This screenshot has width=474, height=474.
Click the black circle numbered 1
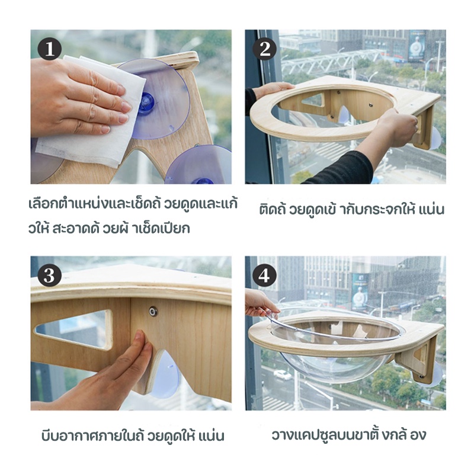click(x=50, y=49)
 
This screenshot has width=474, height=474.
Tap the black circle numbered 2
click(x=264, y=49)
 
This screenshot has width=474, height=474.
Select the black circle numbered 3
click(x=50, y=276)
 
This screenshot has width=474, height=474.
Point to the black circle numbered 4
click(x=264, y=276)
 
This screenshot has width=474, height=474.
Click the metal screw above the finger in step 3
click(x=153, y=310)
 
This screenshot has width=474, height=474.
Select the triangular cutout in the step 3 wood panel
click(x=74, y=328)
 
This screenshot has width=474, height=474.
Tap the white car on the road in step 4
click(x=283, y=375)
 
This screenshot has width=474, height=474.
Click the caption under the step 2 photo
click(x=351, y=210)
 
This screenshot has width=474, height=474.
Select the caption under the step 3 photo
click(x=133, y=436)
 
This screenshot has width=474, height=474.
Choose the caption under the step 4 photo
click(x=348, y=434)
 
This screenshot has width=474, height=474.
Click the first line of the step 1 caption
click(x=133, y=203)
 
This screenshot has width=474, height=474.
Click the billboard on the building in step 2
click(x=417, y=46)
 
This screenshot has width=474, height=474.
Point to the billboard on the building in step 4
click(x=360, y=292)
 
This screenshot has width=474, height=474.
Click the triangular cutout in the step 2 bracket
click(x=314, y=100)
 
